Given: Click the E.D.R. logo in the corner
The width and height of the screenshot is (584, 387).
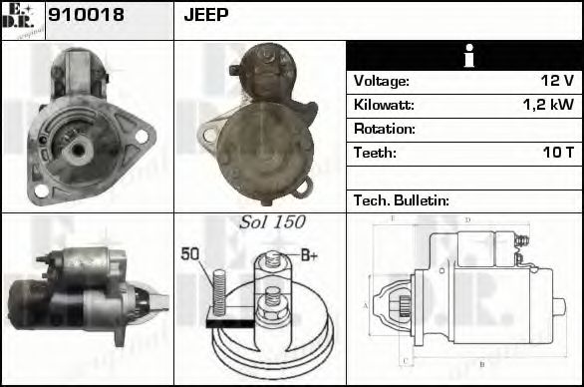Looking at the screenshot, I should click(22, 19).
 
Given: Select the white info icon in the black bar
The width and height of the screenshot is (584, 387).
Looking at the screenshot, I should click(463, 56).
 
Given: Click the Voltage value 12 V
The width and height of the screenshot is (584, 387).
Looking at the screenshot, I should click(555, 81).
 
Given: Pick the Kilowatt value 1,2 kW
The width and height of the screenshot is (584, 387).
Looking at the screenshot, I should click(548, 105).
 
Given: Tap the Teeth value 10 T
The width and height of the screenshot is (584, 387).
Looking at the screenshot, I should click(556, 153).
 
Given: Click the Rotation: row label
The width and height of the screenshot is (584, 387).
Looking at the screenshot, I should click(385, 129).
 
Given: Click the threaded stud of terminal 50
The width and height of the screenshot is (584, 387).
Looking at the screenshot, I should click(218, 291).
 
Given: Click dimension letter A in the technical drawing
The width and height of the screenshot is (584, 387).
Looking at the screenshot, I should click(366, 305).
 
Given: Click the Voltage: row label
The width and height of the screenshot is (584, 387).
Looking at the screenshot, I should click(381, 81).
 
